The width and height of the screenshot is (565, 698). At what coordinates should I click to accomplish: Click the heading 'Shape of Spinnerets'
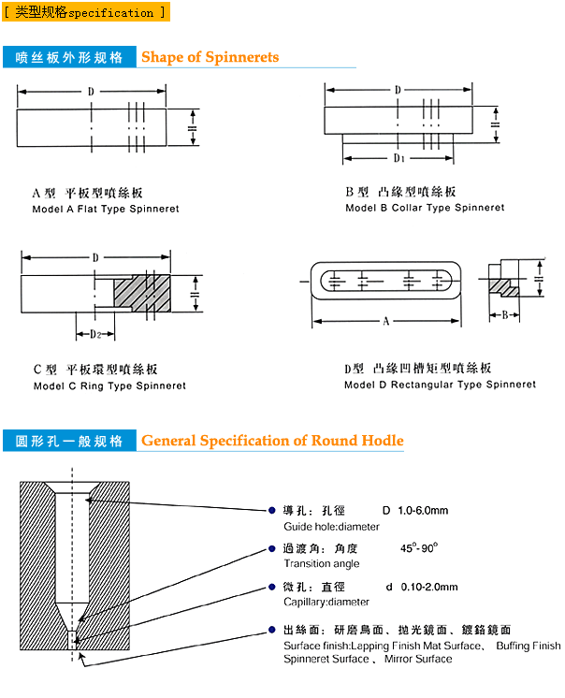210,57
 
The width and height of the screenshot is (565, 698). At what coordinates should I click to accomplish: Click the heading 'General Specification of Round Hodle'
272,441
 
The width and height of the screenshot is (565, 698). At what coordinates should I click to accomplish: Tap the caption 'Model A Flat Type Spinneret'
106,209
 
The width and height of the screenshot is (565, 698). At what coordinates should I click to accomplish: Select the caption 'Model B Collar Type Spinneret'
425,208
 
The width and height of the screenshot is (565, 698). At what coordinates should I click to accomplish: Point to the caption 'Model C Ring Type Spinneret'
109,385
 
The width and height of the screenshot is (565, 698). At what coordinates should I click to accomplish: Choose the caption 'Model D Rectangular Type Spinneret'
440,385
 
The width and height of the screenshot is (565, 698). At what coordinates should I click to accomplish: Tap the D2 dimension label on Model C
94,333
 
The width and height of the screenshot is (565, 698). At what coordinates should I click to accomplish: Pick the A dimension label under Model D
385,322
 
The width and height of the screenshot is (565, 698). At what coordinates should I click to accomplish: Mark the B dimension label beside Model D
505,315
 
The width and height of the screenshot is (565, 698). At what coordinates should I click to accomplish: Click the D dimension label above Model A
91,92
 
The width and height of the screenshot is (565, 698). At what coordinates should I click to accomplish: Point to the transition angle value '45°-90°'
419,547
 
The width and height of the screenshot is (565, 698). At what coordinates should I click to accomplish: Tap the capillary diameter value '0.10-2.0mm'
428,587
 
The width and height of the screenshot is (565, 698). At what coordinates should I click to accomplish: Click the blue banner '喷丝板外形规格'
70,57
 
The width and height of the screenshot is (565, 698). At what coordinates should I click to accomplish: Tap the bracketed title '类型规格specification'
85,13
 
